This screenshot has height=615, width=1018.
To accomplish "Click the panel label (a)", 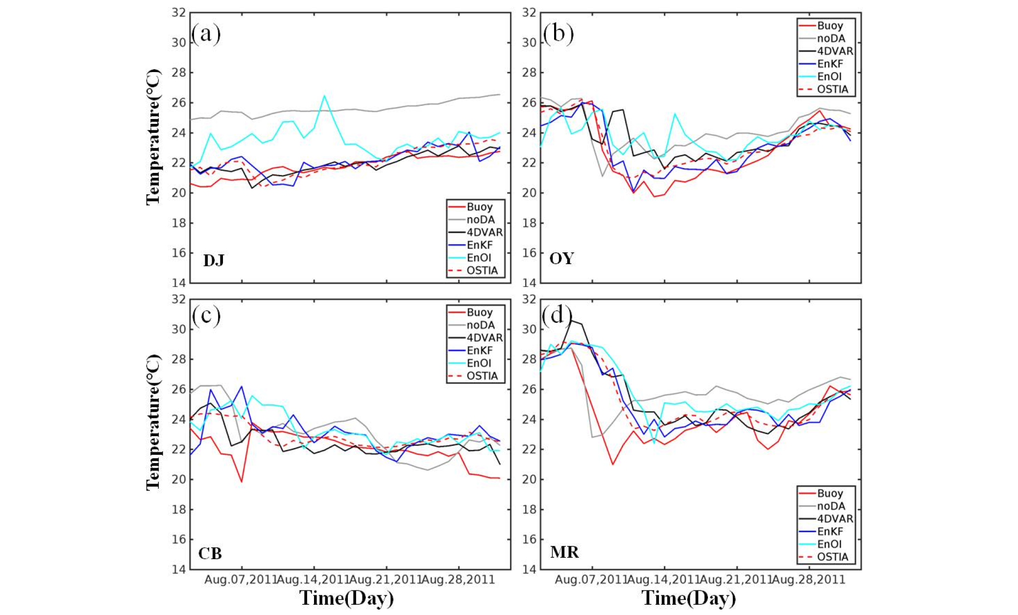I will coord(206,34).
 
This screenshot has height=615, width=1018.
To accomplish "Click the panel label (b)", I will coord(557,34).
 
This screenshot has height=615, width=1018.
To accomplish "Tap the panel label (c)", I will coord(206,316).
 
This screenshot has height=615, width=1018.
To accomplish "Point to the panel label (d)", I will coord(557,316).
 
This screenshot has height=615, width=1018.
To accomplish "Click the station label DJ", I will coord(214,260).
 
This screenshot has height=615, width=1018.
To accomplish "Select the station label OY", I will coord(561,258).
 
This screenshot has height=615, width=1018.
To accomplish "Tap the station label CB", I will coord(210,553).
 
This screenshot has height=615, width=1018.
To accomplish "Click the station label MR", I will coord(564,552).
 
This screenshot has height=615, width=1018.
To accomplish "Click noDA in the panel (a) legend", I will coord(480,220).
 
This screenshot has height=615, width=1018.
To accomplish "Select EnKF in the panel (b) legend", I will coord(830,64).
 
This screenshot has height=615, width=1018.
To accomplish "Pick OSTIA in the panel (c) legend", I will coord(482,376).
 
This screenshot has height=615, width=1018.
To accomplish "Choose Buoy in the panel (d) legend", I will coord(830,493).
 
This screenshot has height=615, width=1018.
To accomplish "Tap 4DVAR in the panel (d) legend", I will coord(835,518).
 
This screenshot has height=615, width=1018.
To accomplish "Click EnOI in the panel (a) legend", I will coord(479,258).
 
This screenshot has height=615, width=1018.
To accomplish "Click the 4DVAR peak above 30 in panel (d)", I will coord(572,320).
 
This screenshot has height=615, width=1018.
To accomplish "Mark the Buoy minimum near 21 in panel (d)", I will coord(612,464).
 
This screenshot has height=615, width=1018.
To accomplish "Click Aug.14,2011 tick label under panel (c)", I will coord(313,580).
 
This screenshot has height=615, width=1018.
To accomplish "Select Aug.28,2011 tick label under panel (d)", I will coord(809,580).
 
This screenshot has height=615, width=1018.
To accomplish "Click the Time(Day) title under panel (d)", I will coord(688,598).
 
